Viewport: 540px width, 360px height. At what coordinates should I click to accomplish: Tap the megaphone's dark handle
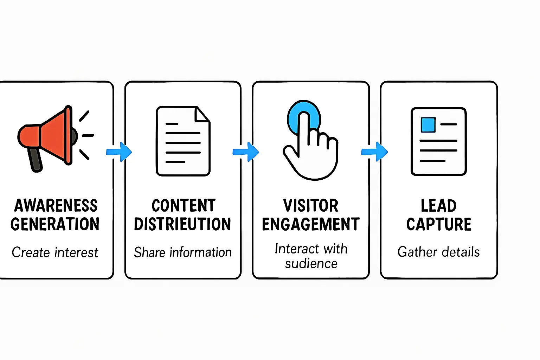pos(36,160)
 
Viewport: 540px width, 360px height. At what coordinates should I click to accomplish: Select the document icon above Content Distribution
pos(183,141)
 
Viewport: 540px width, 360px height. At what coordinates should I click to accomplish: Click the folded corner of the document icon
pos(202,114)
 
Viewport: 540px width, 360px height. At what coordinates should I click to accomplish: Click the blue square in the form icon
pos(428,124)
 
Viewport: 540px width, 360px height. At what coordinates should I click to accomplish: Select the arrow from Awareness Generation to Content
pos(119,152)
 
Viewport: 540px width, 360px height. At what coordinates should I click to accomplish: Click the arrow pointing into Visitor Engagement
pos(246,152)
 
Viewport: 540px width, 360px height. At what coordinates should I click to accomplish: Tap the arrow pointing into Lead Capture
pos(375,152)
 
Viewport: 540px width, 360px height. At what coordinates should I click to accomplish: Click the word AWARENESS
pos(56,206)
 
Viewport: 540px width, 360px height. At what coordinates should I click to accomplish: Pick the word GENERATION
pos(55,224)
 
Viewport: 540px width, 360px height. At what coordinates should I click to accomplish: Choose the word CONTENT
pos(184,206)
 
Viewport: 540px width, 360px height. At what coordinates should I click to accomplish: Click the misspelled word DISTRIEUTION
pos(182,224)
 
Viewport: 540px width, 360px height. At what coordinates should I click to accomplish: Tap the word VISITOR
pos(311,206)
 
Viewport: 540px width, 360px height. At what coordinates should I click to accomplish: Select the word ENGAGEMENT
pos(311,224)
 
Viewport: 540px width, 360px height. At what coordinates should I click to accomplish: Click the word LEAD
pos(439,206)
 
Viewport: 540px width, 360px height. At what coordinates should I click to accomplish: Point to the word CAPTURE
pos(439,224)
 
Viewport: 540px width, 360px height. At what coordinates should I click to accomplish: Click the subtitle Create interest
pos(55,252)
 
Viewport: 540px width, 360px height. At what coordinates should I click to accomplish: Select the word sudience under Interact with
pos(311,264)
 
